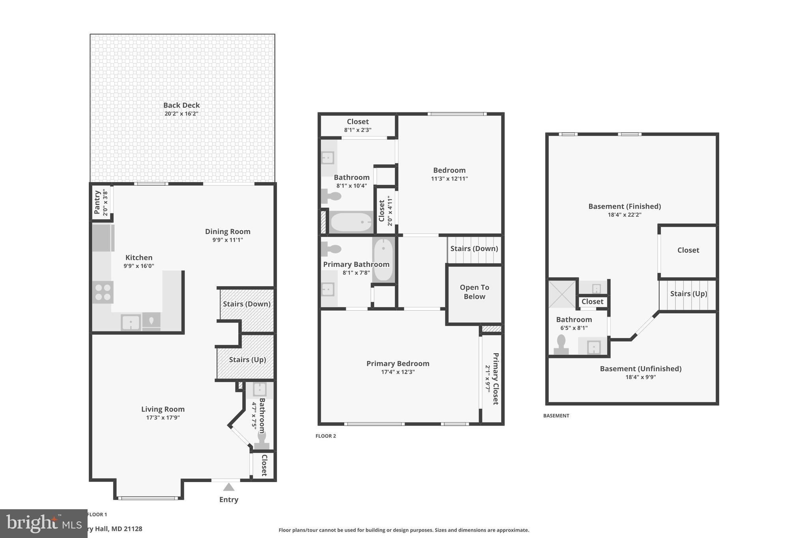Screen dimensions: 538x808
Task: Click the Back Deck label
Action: coord(181,105)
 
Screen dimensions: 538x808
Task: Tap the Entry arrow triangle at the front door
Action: coord(229,488)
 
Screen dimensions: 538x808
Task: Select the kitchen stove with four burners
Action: coord(103,292)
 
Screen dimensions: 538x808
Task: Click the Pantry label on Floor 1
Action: coord(97,202)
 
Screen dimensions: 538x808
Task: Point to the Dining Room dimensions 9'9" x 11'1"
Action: coord(228,240)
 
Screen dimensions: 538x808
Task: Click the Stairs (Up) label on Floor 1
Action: coord(247,359)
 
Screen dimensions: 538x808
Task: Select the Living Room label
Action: coord(163,409)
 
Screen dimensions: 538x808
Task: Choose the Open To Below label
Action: coord(474,292)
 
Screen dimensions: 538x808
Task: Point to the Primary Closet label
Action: coord(496,378)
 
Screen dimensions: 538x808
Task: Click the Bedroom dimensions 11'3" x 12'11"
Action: coord(449,179)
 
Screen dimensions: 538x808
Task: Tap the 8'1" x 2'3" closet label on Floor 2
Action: coord(358,130)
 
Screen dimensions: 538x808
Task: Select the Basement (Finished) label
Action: coord(625,206)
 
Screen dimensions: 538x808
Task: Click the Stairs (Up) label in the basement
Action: coord(688,294)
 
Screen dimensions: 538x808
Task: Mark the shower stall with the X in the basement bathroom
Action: coord(562,294)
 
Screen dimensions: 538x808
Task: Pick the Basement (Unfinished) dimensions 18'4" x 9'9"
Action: coord(641,377)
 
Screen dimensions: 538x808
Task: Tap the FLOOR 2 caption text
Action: coord(326,436)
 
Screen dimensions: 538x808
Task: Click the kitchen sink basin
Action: coord(131,322)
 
